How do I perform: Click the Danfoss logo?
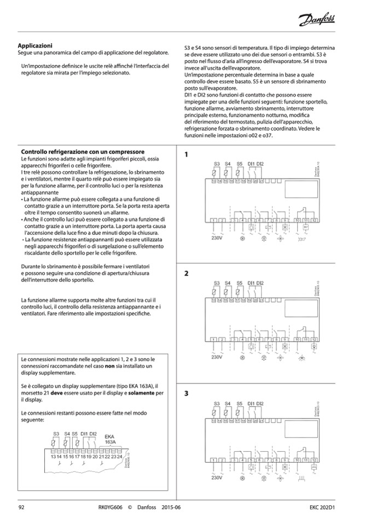(317, 21)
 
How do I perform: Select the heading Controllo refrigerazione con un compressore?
(82, 152)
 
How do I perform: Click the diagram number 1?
(186, 154)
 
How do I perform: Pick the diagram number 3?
(186, 393)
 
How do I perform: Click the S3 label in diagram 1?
(217, 164)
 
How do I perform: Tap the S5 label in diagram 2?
(239, 282)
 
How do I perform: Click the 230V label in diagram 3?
(217, 477)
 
